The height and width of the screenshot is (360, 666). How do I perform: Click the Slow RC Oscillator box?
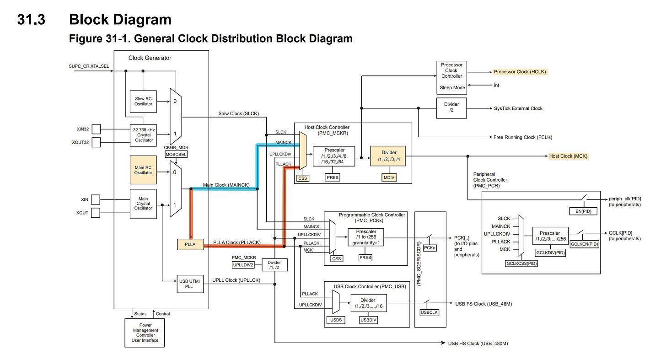click(143, 101)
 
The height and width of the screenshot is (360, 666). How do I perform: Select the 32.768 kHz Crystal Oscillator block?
click(143, 135)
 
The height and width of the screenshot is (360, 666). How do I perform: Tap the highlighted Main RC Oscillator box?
click(143, 170)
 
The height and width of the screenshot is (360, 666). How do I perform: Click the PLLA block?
click(190, 244)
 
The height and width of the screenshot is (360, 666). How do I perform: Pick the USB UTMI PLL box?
click(190, 284)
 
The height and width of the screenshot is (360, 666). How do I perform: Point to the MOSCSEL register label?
click(176, 155)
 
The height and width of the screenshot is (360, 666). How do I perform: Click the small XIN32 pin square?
click(96, 129)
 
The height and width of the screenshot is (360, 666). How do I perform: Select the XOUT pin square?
click(96, 213)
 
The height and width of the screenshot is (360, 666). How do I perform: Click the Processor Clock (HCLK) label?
click(520, 72)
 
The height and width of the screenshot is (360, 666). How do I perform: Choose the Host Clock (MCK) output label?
click(568, 156)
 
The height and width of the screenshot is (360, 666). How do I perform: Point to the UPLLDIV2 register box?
click(243, 265)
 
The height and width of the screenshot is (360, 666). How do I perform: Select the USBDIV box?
click(368, 320)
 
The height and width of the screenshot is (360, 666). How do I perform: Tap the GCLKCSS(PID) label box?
click(521, 263)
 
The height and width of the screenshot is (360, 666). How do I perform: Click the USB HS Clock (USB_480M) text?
click(478, 343)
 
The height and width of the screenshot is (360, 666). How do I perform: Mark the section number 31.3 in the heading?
click(31, 20)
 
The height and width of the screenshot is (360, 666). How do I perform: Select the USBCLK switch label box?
click(429, 313)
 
